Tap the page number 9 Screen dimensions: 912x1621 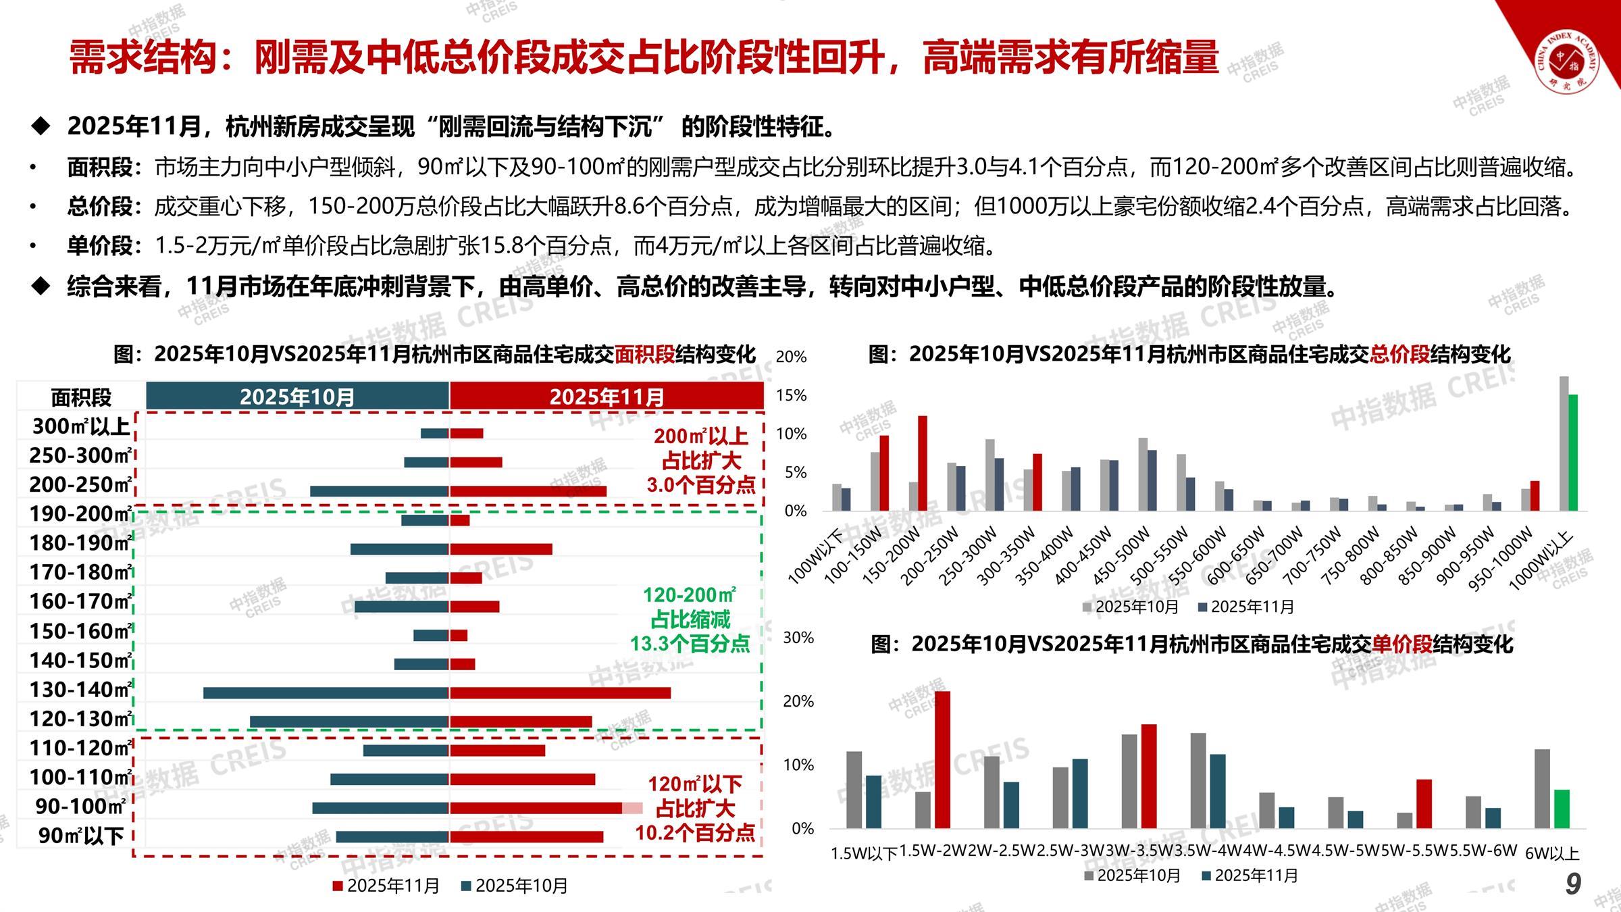click(1573, 884)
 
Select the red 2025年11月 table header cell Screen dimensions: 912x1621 click(607, 396)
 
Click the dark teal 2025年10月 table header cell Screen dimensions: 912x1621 click(297, 396)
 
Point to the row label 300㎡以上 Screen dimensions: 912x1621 click(80, 426)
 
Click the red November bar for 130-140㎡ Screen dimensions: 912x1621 click(560, 692)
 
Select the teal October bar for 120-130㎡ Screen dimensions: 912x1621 click(349, 721)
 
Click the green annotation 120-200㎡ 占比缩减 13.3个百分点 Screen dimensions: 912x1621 click(690, 619)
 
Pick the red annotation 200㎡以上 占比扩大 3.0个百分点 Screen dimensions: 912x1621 click(701, 461)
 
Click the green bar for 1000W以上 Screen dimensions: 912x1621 click(1573, 452)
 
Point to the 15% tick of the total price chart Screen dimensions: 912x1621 click(792, 395)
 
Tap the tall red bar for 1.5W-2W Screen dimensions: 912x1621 click(942, 759)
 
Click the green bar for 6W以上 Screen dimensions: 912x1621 click(1562, 809)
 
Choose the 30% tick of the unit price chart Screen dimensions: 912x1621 click(798, 638)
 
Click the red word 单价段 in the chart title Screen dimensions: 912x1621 click(1402, 644)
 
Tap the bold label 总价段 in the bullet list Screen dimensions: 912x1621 click(100, 206)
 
